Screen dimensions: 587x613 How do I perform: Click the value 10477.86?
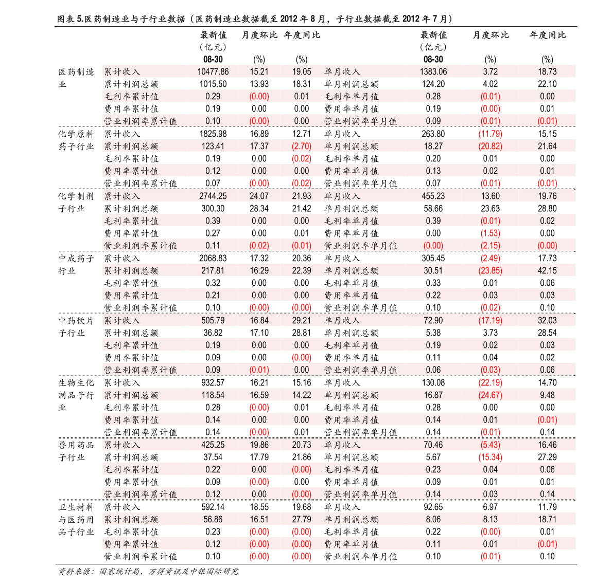(x=213, y=72)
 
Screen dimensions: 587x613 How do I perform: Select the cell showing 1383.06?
(x=433, y=72)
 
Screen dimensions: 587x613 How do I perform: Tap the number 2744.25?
(x=213, y=196)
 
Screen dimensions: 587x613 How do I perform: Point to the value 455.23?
(x=433, y=196)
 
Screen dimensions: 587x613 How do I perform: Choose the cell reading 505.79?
(x=213, y=321)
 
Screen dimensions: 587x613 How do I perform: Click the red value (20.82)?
(x=490, y=146)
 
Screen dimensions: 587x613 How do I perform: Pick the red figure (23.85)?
(x=490, y=271)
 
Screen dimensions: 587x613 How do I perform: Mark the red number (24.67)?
(x=490, y=395)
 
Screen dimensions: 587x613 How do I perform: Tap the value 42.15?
(x=547, y=271)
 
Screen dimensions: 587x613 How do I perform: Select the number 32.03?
(x=547, y=321)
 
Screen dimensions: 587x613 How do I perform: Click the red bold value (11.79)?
(x=490, y=134)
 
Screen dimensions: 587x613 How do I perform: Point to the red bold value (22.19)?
(x=490, y=383)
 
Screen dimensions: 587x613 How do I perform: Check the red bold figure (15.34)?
(x=490, y=457)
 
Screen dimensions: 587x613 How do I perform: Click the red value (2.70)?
(x=301, y=146)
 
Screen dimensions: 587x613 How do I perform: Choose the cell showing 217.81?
(x=213, y=271)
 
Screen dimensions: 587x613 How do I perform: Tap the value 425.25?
(x=213, y=445)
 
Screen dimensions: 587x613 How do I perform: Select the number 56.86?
(x=213, y=520)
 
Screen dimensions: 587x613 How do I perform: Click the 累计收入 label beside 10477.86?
(x=122, y=72)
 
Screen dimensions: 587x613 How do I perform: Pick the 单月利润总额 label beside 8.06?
(x=351, y=520)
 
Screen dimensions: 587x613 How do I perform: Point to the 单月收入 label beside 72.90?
(x=342, y=321)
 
